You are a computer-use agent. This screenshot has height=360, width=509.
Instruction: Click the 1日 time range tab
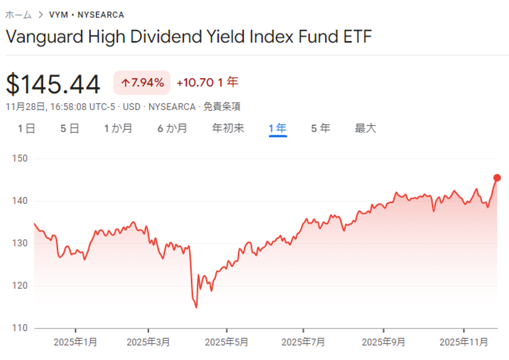pos(27,128)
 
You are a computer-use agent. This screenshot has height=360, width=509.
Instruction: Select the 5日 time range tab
pos(69,128)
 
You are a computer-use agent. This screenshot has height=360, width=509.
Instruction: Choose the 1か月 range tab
pos(118,128)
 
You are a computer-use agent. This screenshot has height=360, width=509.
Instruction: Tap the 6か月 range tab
pos(172,128)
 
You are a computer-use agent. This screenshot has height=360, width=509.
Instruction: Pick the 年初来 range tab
pos(228,128)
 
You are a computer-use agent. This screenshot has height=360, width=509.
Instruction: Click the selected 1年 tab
pos(278,128)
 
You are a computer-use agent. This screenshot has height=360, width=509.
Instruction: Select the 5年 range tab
pos(321,128)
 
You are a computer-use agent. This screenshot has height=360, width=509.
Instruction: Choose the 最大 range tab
pos(366,128)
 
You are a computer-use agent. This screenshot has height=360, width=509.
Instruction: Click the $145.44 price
pos(53,84)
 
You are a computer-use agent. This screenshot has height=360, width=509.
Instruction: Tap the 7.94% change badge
pos(142,83)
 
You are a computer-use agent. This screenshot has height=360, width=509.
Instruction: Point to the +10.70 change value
pos(195,83)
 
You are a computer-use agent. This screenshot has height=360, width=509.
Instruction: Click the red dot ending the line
pos(497,178)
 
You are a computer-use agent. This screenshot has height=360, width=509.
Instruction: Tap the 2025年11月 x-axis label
pos(464,343)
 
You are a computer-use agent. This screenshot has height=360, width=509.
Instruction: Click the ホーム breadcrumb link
pos(18,15)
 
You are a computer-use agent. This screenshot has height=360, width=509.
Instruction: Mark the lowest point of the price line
pos(196,307)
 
